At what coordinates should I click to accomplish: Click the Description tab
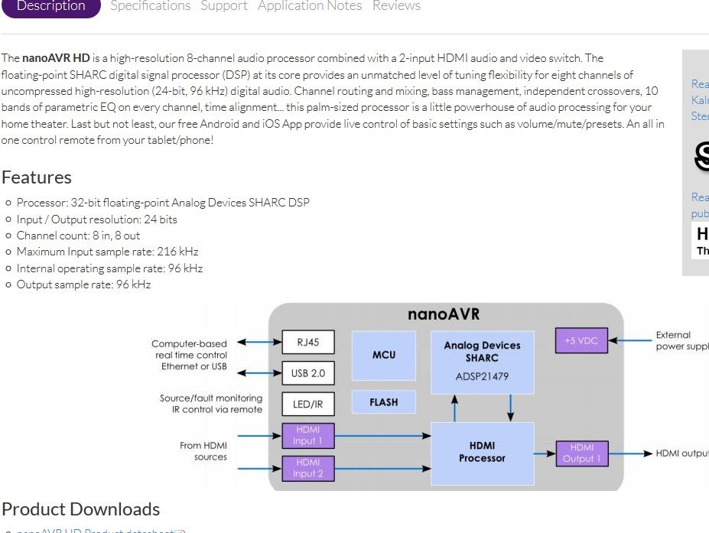coord(50,6)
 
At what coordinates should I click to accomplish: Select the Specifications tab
coord(151,6)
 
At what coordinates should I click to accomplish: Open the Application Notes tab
coord(310,6)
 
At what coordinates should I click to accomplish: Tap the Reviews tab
coord(396,6)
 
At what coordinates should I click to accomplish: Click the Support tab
coord(224,6)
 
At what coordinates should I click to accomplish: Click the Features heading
coord(37,177)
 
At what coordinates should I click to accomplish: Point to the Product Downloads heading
coord(81,509)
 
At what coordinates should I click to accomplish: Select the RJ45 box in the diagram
coord(308,343)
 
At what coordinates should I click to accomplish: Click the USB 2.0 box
coord(308,373)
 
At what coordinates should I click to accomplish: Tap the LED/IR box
coord(308,404)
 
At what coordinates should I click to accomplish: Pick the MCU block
coord(384,355)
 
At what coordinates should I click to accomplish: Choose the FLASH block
coord(384,402)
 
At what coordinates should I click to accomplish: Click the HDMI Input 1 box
coord(308,435)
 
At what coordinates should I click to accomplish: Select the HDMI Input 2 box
coord(308,467)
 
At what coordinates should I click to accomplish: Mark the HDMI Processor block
coord(482,453)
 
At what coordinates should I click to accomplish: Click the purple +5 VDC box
coord(581,341)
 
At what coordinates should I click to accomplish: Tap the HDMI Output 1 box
coord(582,453)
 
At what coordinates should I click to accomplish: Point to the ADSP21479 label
coord(482,376)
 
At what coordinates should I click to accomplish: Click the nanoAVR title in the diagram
coord(444,314)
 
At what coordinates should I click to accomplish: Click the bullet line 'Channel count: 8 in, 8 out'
coord(79,236)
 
